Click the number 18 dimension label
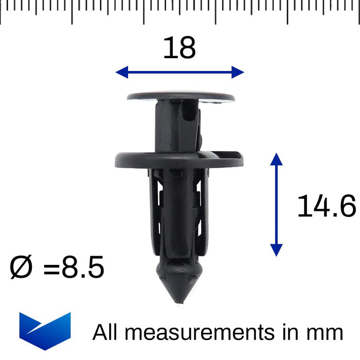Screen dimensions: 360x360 [179, 48]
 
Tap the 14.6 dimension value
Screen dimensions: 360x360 [326, 207]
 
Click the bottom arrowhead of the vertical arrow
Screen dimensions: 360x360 [277, 250]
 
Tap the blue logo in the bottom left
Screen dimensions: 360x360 [45, 331]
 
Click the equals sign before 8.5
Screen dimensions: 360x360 [51, 268]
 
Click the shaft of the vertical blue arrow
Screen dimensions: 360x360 [277, 204]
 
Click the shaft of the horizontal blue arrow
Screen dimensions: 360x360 [179, 73]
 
